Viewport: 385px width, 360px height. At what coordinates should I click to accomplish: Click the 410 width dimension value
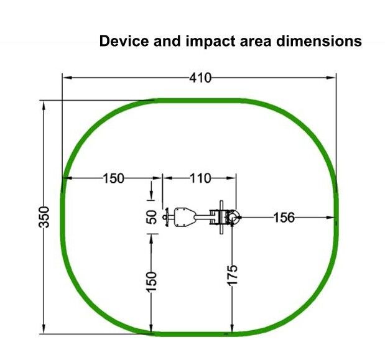point(200,78)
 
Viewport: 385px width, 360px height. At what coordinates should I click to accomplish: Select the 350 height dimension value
point(45,217)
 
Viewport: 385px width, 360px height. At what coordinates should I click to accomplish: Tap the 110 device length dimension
point(200,178)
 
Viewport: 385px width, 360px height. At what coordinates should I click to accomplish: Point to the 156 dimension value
point(284,218)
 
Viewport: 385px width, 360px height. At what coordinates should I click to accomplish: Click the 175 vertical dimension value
point(232,275)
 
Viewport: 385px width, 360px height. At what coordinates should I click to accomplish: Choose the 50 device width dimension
point(152,217)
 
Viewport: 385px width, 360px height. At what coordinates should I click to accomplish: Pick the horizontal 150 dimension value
point(113,178)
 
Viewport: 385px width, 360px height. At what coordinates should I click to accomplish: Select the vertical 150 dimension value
point(152,282)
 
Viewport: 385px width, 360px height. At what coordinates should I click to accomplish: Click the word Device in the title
point(124,41)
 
